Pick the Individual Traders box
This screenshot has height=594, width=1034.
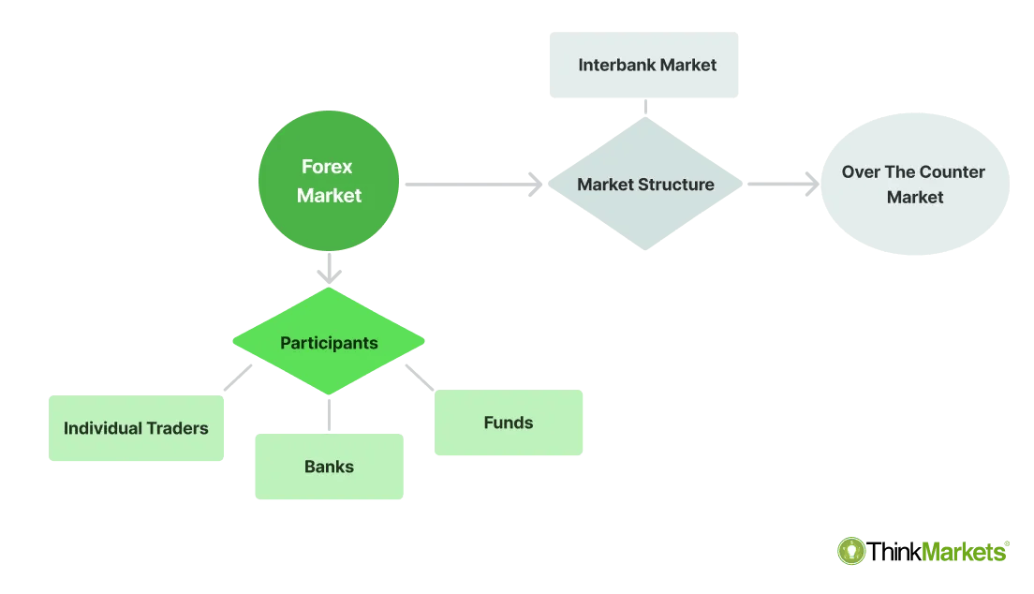[136, 428]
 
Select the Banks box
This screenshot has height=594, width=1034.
[329, 467]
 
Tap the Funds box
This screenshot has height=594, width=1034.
[509, 423]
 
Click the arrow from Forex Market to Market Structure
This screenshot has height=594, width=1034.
[473, 185]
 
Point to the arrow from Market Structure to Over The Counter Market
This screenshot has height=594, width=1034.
[783, 185]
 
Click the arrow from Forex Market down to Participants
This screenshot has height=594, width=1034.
[329, 268]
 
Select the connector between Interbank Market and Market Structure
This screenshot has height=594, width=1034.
[645, 107]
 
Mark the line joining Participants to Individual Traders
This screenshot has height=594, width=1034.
[238, 378]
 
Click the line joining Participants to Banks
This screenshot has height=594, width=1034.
[329, 414]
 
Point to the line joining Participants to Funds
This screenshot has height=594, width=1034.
[420, 377]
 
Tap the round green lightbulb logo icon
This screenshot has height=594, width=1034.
[851, 551]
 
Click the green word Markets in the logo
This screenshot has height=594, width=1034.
[964, 552]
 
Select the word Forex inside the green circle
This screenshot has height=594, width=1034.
[327, 167]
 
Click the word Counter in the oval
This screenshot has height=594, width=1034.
[953, 172]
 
